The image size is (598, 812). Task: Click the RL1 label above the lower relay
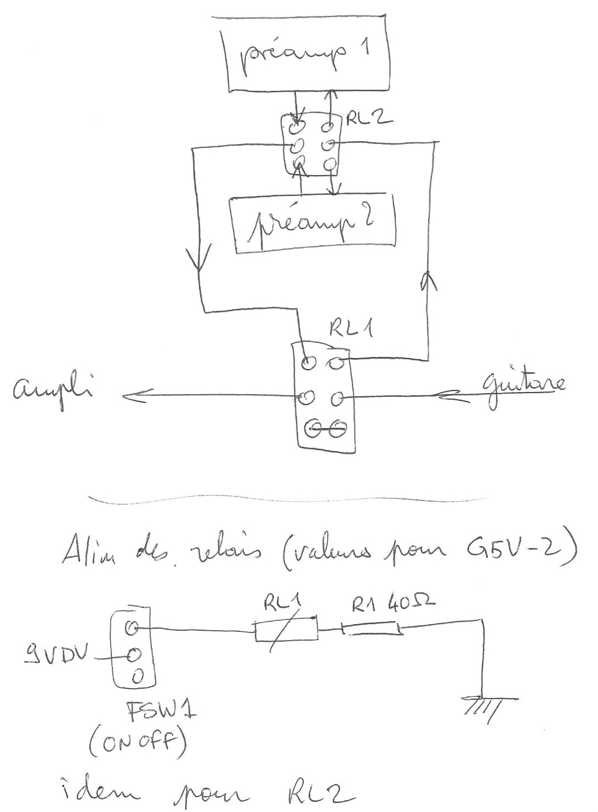pyautogui.click(x=350, y=330)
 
